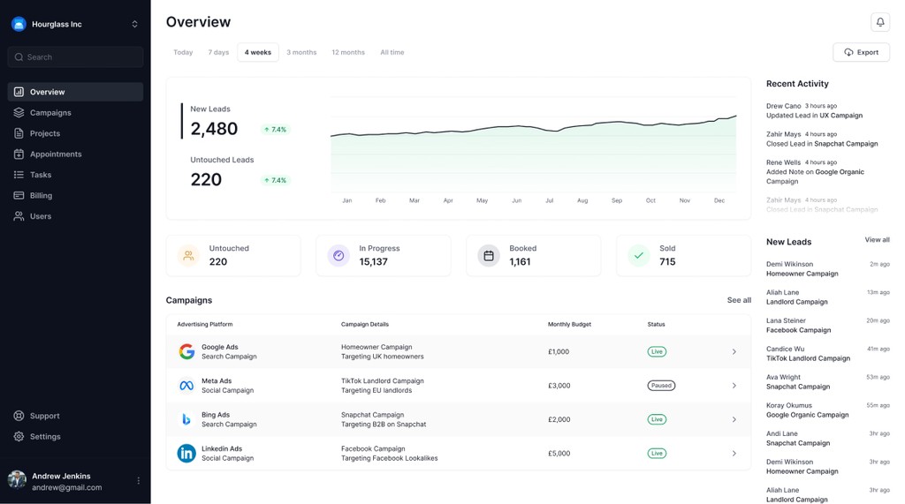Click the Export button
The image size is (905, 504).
(x=861, y=52)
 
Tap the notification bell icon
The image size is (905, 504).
(x=879, y=22)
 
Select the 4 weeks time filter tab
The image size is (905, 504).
(x=257, y=52)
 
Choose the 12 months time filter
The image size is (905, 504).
(x=348, y=52)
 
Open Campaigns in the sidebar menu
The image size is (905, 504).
(x=50, y=113)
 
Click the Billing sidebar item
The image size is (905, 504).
(x=41, y=195)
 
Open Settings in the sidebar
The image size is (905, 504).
(x=45, y=436)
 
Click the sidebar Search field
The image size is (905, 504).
(x=75, y=57)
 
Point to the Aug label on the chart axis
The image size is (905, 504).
(x=582, y=200)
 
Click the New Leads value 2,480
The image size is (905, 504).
(x=214, y=129)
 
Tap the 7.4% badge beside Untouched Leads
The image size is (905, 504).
(x=275, y=180)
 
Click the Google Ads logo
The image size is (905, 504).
(x=186, y=351)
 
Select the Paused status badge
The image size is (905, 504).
(x=661, y=386)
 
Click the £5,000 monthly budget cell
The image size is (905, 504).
(x=559, y=454)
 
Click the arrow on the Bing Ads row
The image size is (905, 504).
(x=734, y=419)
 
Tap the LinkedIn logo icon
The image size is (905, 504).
(x=186, y=454)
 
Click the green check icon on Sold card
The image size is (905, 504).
(x=638, y=256)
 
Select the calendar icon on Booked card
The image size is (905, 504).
(x=488, y=256)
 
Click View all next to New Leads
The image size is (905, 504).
(x=877, y=240)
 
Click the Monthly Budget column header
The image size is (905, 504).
(x=569, y=324)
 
